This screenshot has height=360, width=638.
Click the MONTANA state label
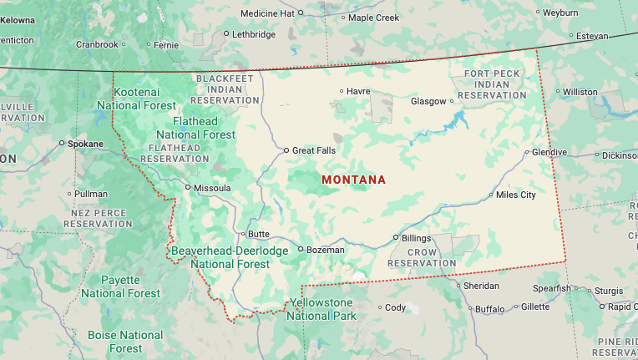353,180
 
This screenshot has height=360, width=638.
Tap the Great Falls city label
313,150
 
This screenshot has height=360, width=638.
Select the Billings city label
416,238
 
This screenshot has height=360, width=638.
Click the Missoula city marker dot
188,188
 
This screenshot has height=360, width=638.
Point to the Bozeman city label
325,249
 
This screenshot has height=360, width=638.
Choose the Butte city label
257,234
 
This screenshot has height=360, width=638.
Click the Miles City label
515,195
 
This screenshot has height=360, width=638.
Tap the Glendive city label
549,153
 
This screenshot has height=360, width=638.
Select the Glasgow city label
428,101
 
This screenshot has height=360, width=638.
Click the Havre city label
358,91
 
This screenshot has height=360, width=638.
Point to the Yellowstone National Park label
322,309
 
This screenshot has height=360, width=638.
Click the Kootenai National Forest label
136,98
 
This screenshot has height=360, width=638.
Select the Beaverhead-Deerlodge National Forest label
229,257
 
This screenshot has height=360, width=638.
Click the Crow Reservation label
422,257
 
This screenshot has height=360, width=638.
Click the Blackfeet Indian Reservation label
225,89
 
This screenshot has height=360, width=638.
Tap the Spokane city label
86,144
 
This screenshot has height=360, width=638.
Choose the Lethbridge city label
253,34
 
